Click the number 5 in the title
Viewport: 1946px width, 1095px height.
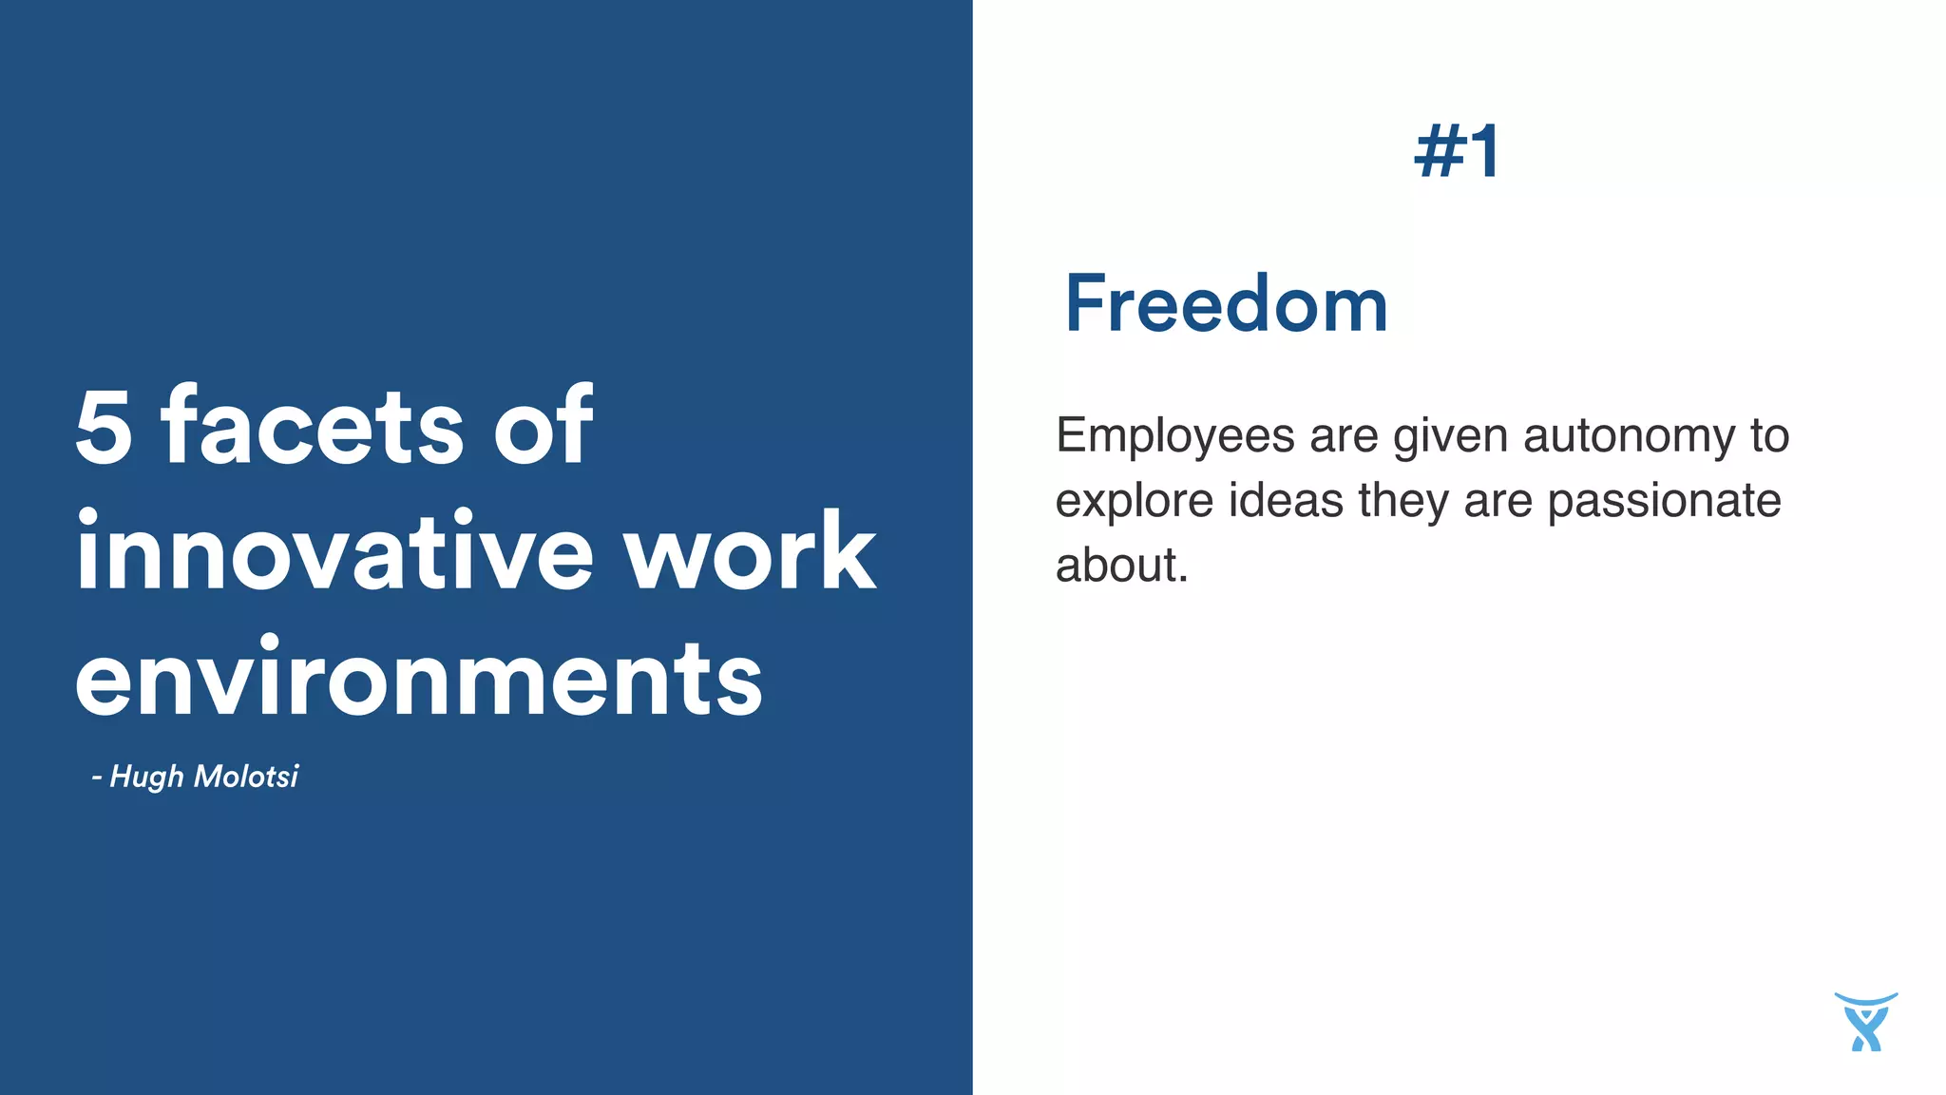point(104,428)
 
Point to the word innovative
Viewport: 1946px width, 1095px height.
point(335,550)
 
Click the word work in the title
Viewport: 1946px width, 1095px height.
point(750,552)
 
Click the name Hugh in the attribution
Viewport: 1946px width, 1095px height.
point(146,777)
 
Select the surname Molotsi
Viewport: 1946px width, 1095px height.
point(246,776)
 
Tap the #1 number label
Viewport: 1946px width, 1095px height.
point(1458,152)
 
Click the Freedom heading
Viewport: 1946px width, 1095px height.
point(1226,304)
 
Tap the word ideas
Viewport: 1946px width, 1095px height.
point(1286,500)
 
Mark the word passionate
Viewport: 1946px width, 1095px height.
point(1664,502)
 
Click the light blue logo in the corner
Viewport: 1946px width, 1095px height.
point(1865,1022)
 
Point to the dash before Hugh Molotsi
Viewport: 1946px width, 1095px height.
point(96,778)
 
